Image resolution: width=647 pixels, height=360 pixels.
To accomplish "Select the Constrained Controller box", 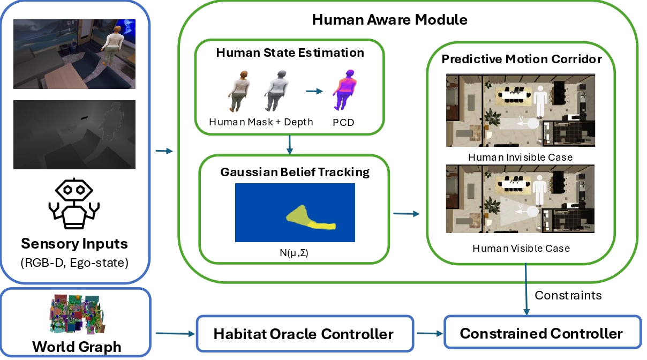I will click(x=541, y=334).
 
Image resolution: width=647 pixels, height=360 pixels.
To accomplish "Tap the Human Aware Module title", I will click(x=389, y=20).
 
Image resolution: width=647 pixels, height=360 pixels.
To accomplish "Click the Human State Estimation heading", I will click(x=290, y=52).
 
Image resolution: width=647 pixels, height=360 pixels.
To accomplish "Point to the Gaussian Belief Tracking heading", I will click(x=295, y=172).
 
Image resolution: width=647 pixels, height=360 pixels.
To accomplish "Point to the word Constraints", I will click(x=568, y=295).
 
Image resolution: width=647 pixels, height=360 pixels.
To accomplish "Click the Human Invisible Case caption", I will click(x=520, y=157).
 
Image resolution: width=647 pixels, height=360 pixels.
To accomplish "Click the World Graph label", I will click(x=77, y=347).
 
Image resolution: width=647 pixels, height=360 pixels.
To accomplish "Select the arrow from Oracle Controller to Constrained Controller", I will click(x=428, y=334).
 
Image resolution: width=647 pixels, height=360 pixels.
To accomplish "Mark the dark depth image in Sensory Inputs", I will click(x=74, y=134).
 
